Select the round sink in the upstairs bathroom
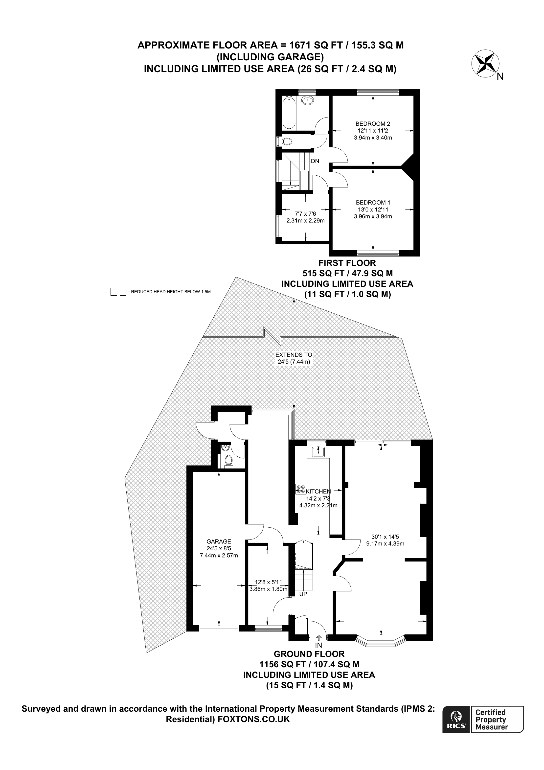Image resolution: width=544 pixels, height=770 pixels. [x=307, y=101]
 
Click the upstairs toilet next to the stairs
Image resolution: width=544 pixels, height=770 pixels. [x=287, y=141]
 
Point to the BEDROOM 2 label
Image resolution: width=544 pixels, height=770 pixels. [x=373, y=124]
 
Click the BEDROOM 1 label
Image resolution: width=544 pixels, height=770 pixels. [x=373, y=203]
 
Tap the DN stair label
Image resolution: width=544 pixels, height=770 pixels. [x=315, y=161]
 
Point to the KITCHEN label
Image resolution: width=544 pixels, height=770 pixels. [x=318, y=492]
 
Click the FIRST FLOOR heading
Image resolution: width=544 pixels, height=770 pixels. [x=347, y=263]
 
